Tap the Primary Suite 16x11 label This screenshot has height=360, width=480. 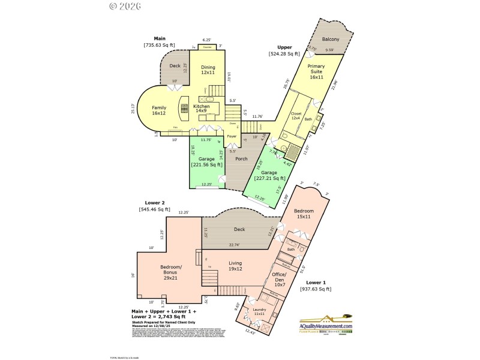(316, 71)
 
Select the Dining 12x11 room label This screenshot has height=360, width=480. (208, 70)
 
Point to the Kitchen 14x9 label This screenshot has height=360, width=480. (202, 108)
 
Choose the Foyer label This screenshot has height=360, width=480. (232, 136)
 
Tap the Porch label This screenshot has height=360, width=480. (241, 158)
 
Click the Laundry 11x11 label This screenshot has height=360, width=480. (259, 311)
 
